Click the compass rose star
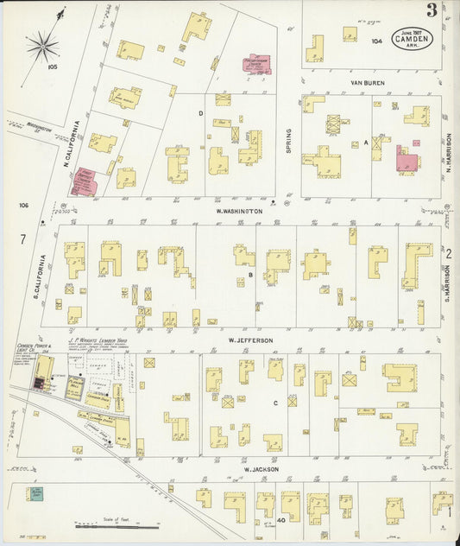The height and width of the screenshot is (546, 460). (42, 43)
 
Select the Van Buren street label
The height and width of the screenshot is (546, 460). (367, 83)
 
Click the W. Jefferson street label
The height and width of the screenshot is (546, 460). (250, 340)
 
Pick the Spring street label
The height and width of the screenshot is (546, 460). (288, 142)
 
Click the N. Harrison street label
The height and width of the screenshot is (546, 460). (450, 152)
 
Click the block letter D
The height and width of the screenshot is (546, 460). (200, 113)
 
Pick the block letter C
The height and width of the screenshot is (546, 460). (275, 403)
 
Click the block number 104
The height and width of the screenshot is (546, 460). (376, 41)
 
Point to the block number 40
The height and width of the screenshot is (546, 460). (281, 519)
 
